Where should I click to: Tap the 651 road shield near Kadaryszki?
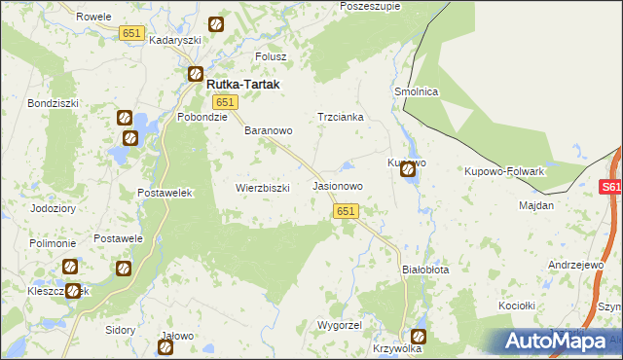[132, 33]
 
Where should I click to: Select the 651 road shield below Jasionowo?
[347, 210]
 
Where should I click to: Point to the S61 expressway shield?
[610, 188]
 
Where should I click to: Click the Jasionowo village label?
[338, 185]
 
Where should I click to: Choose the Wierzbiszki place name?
[263, 188]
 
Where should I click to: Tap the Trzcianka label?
[341, 117]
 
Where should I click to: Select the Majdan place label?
[536, 205]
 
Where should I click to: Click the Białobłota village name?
[425, 270]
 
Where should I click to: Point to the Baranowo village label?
[269, 129]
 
